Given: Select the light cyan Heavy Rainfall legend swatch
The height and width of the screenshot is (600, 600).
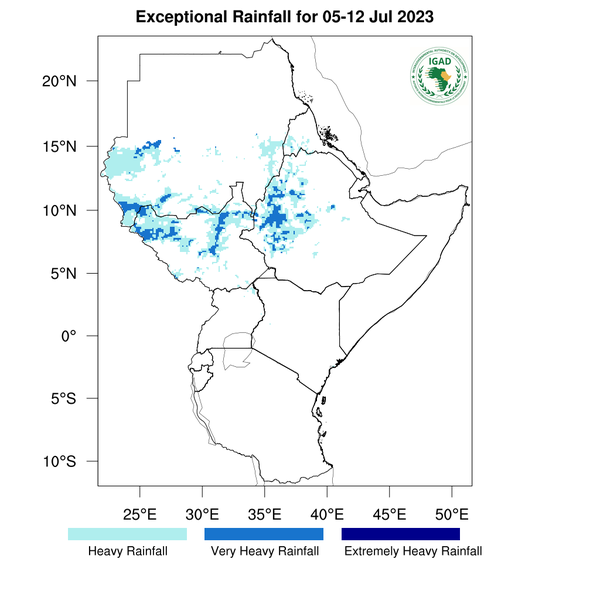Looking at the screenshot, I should [x=127, y=534].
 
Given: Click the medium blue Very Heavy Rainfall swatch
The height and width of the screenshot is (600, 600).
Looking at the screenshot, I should [x=264, y=534].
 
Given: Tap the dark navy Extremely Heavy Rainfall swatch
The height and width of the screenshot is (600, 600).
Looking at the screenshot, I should [x=400, y=534].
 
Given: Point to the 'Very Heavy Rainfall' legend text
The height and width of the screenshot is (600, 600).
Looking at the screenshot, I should [x=264, y=551].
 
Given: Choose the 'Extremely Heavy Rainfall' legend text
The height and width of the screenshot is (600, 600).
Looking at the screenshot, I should [x=412, y=551].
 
